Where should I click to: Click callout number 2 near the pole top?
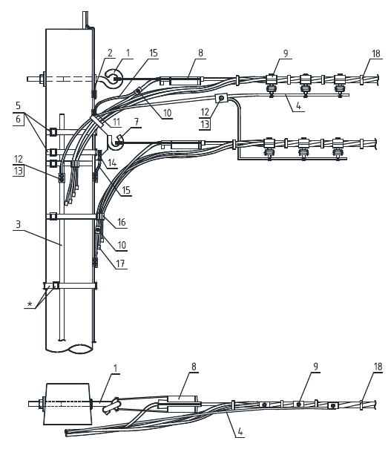pyautogui.click(x=110, y=53)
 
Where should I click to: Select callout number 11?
pyautogui.click(x=116, y=122)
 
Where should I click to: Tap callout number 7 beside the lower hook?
pyautogui.click(x=137, y=122)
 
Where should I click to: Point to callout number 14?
pyautogui.click(x=112, y=163)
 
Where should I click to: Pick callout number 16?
pyautogui.click(x=121, y=222)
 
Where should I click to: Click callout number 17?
pyautogui.click(x=120, y=263)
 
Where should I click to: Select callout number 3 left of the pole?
pyautogui.click(x=19, y=224)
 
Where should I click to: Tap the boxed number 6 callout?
pyautogui.click(x=19, y=119)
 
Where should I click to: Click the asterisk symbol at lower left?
pyautogui.click(x=30, y=304)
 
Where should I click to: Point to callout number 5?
pyautogui.click(x=19, y=105)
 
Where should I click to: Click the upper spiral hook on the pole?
pyautogui.click(x=113, y=79)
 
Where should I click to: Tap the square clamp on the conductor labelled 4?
pyautogui.click(x=222, y=99)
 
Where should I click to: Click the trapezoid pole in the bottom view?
pyautogui.click(x=68, y=404)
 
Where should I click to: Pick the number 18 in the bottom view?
pyautogui.click(x=378, y=367)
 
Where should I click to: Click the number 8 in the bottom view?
pyautogui.click(x=194, y=367)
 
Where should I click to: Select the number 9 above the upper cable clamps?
pyautogui.click(x=286, y=53)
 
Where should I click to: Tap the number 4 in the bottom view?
pyautogui.click(x=240, y=432)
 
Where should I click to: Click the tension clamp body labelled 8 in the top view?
pyautogui.click(x=184, y=81)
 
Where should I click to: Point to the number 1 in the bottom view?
pyautogui.click(x=116, y=368)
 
